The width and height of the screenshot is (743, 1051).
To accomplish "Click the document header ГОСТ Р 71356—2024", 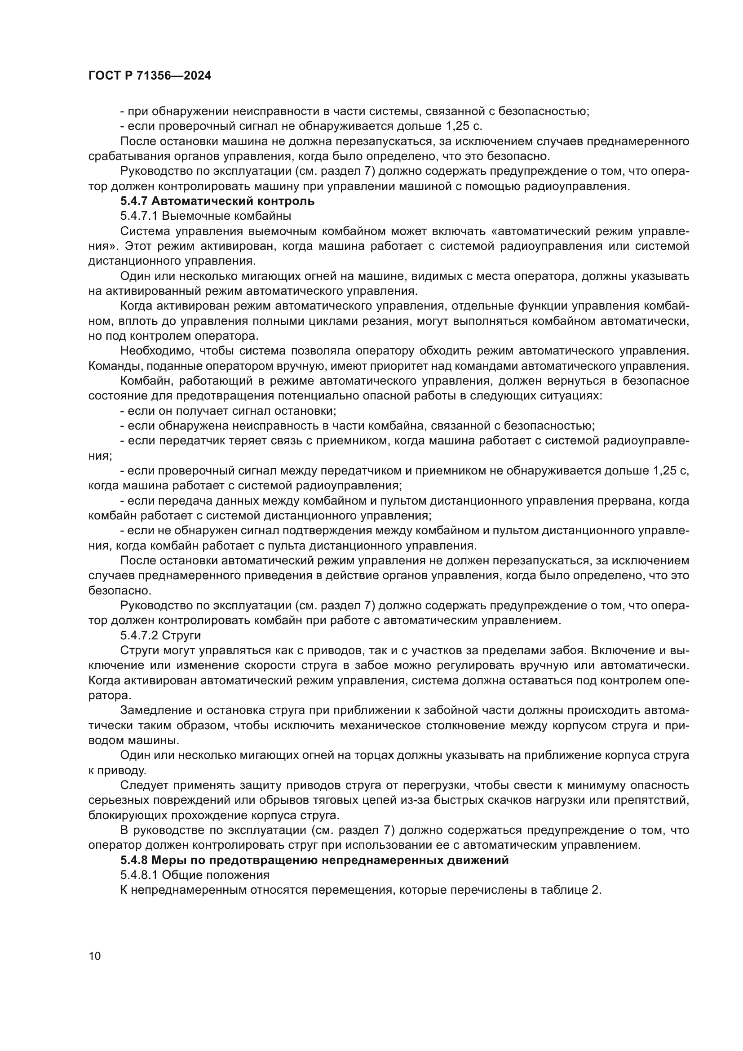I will (150, 76).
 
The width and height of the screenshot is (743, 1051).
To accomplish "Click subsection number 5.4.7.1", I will (139, 216).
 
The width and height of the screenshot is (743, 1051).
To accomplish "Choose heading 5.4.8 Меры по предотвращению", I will (314, 860).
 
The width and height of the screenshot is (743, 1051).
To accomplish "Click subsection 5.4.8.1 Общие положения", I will (195, 875).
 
